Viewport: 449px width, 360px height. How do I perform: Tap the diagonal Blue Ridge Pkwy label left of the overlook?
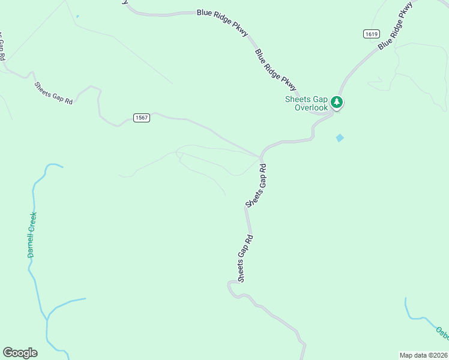pos(276,68)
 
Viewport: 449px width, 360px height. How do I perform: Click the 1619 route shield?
pos(370,34)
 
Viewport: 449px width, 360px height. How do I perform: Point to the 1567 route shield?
pos(142,118)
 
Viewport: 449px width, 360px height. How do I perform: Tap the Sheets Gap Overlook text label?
pos(306,104)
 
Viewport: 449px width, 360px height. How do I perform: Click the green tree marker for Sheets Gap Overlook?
pos(337,103)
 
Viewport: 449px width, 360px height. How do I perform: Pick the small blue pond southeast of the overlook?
pos(340,138)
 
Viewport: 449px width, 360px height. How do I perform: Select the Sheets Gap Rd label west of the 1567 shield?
pos(53,93)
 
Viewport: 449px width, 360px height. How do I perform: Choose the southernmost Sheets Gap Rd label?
pos(245,259)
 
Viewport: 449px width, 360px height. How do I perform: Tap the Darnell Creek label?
pos(32,235)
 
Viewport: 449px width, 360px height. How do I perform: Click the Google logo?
pos(20,353)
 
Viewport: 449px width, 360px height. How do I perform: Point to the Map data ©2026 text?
pos(424,355)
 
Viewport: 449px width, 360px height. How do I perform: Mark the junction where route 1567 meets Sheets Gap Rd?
pos(261,158)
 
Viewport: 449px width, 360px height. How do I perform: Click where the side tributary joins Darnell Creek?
pos(47,317)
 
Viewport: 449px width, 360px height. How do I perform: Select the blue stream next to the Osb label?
pos(414,315)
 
